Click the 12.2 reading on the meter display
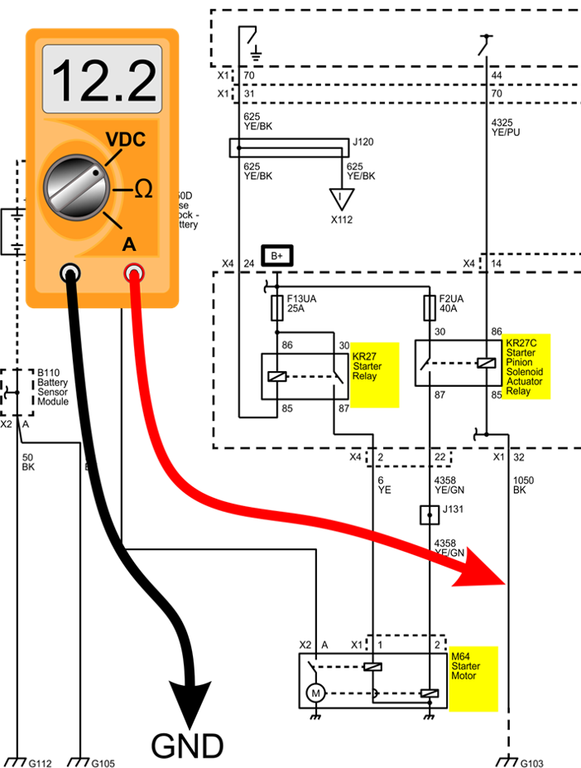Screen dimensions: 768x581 point(103,80)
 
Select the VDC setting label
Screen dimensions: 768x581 point(126,140)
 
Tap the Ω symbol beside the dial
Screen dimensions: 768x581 point(143,190)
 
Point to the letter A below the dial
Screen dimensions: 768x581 point(129,244)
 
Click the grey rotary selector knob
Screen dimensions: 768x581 point(77,187)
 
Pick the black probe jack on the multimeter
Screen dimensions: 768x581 point(70,273)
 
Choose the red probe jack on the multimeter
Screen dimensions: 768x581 point(132,273)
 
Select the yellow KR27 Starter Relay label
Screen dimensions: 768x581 point(374,374)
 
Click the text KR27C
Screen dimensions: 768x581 point(521,343)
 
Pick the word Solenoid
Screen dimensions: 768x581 point(524,372)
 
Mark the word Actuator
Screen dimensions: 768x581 point(524,382)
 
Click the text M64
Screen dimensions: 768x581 point(460,656)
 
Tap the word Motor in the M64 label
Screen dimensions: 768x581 point(463,676)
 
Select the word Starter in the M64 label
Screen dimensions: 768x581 point(465,666)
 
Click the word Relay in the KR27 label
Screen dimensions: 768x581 point(365,376)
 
